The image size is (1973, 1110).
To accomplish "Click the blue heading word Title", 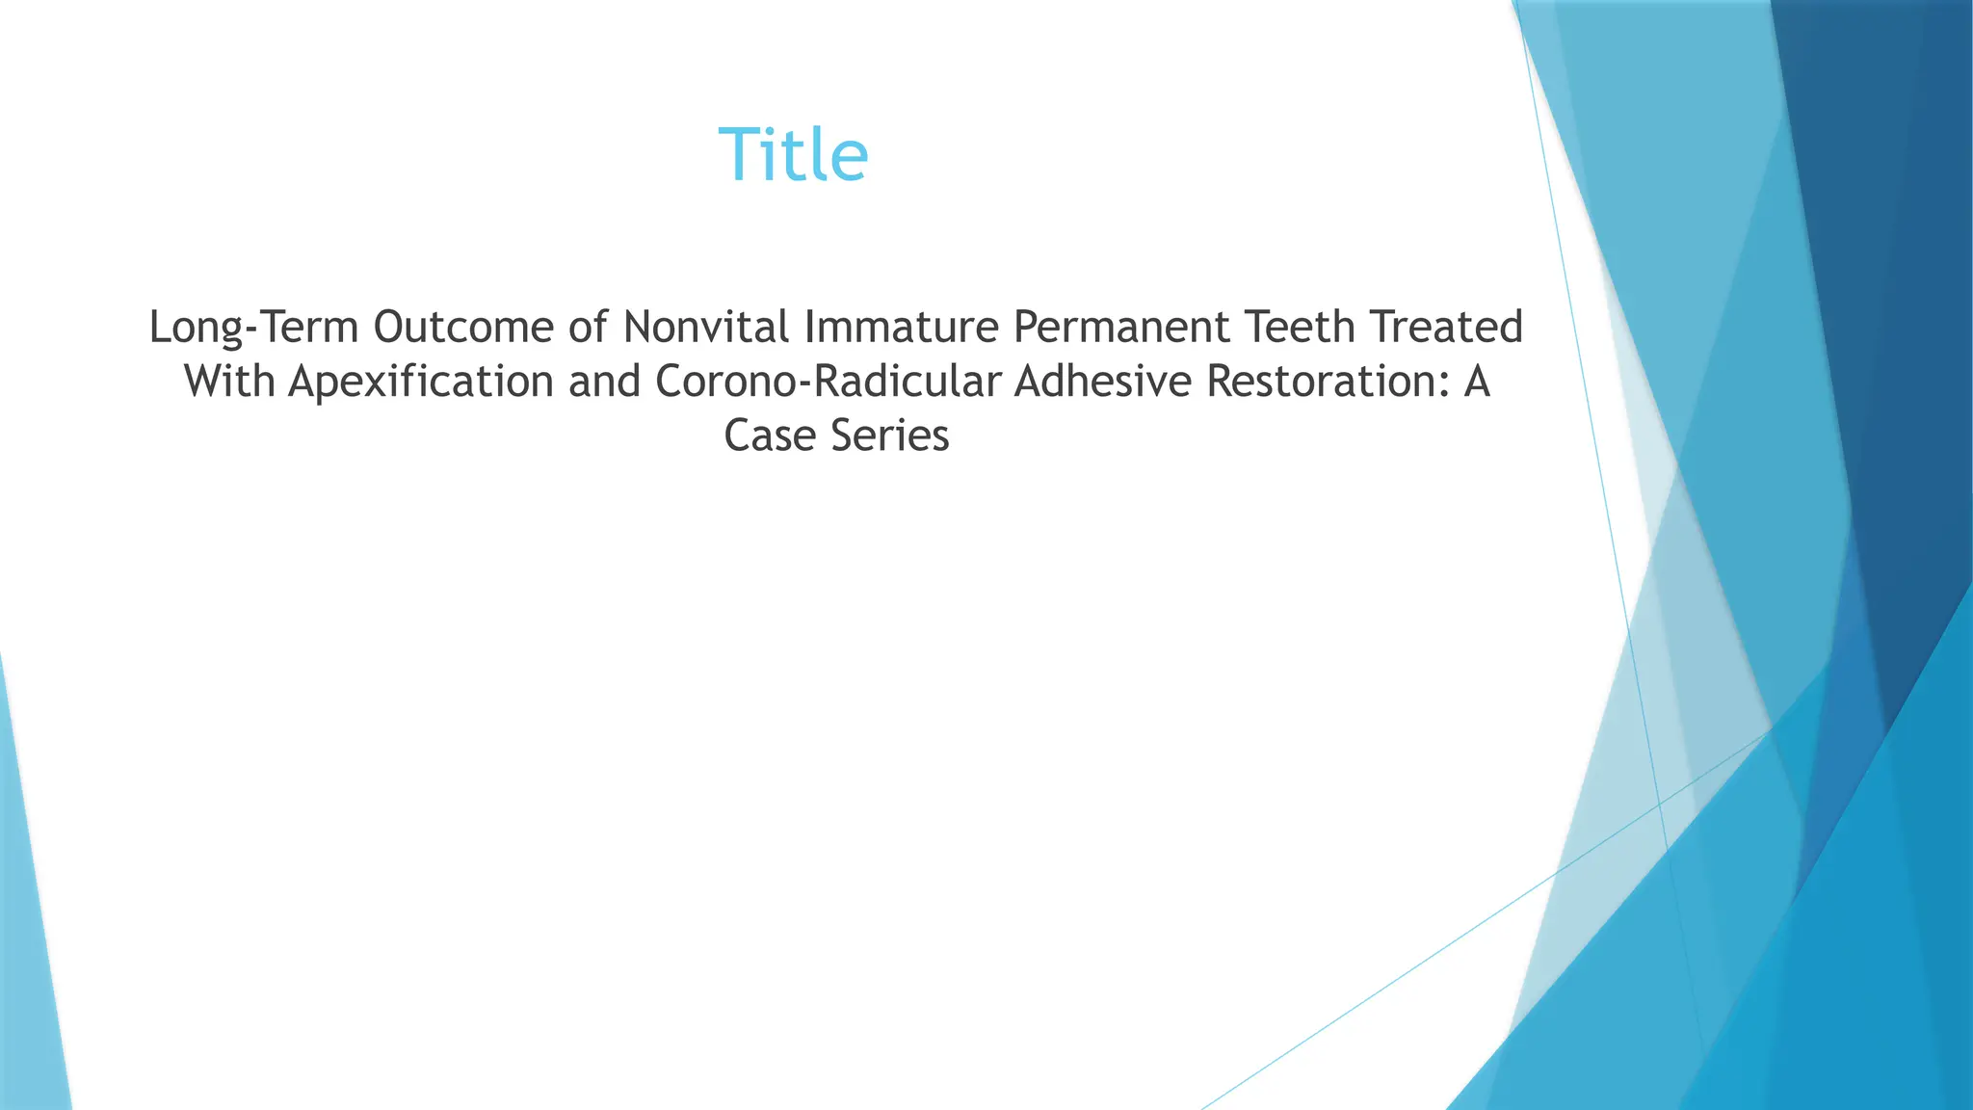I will click(x=793, y=155).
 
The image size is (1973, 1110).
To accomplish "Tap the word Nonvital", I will click(x=706, y=328).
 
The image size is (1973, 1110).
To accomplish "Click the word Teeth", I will click(x=1302, y=328).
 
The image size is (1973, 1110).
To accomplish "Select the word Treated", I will click(x=1448, y=328).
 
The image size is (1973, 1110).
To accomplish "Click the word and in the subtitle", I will click(x=604, y=382).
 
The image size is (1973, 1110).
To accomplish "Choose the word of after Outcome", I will click(x=588, y=328).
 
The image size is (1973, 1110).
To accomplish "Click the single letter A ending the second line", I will click(x=1476, y=382).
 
